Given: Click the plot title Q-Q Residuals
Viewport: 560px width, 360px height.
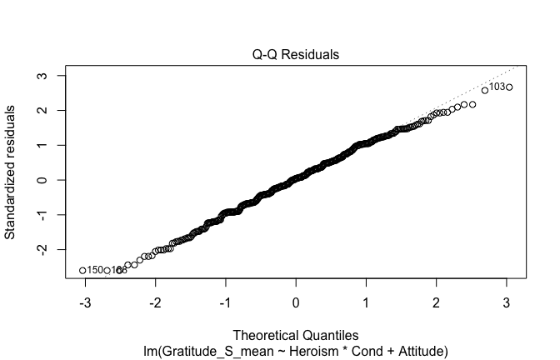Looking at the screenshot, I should click(x=296, y=55).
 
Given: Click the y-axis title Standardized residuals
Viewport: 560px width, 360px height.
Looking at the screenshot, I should click(x=11, y=172).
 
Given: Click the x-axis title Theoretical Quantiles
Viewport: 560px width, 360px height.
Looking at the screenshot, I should click(x=296, y=336).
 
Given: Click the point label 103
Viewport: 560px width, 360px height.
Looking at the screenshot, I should click(x=496, y=87).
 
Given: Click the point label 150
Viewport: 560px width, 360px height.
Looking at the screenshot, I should click(x=95, y=270).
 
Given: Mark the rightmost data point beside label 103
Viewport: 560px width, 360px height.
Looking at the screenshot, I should click(x=509, y=87).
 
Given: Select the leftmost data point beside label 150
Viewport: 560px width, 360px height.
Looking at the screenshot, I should click(x=82, y=270).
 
